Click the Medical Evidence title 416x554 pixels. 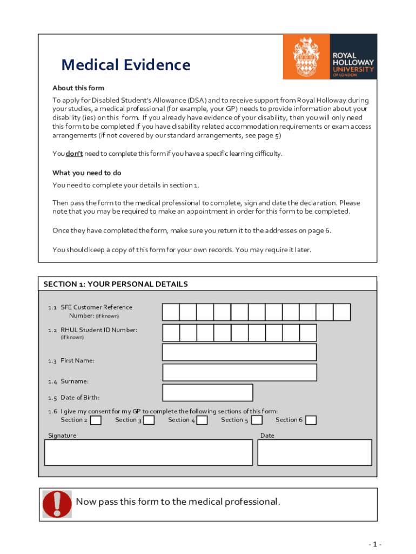(125, 65)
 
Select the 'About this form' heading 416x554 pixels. (78, 88)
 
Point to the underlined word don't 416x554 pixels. (74, 154)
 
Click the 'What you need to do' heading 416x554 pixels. (86, 173)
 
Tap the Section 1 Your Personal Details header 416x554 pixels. (116, 284)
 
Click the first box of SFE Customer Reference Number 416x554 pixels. (171, 312)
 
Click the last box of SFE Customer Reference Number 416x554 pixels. (341, 312)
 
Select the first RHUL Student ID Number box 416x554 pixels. (171, 332)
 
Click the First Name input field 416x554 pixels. (239, 352)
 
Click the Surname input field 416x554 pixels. (239, 372)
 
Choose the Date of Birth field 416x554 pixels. (207, 392)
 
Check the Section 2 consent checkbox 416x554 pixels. (96, 420)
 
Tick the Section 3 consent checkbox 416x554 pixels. (149, 420)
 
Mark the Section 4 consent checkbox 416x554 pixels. (202, 420)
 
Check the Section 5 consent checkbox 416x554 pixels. (257, 420)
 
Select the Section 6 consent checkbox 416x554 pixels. (311, 420)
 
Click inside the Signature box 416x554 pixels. (148, 452)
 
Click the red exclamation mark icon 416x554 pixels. (57, 504)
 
